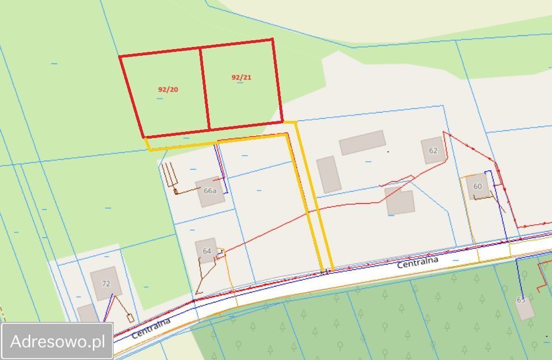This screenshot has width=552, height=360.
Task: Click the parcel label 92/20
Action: [168, 89]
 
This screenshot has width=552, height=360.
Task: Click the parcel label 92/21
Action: [241, 77]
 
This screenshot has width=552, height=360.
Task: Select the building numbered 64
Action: [206, 251]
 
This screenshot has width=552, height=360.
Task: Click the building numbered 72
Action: [105, 283]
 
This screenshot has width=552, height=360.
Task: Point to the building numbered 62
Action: [433, 150]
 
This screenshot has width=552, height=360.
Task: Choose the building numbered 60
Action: [477, 187]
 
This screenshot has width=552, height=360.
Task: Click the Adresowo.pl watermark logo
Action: [57, 341]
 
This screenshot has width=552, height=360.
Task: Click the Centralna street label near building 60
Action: [417, 262]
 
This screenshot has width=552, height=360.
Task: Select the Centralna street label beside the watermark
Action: [151, 327]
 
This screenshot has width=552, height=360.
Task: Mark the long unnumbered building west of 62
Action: [362, 142]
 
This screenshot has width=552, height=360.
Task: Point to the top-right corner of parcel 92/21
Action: [273, 39]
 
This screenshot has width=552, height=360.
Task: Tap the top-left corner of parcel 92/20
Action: [120, 56]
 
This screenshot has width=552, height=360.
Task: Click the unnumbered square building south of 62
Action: [400, 202]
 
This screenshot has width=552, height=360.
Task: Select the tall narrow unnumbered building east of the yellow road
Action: [328, 174]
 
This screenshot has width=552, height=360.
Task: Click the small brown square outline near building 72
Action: [130, 318]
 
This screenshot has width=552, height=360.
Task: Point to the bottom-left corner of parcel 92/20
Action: [144, 137]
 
